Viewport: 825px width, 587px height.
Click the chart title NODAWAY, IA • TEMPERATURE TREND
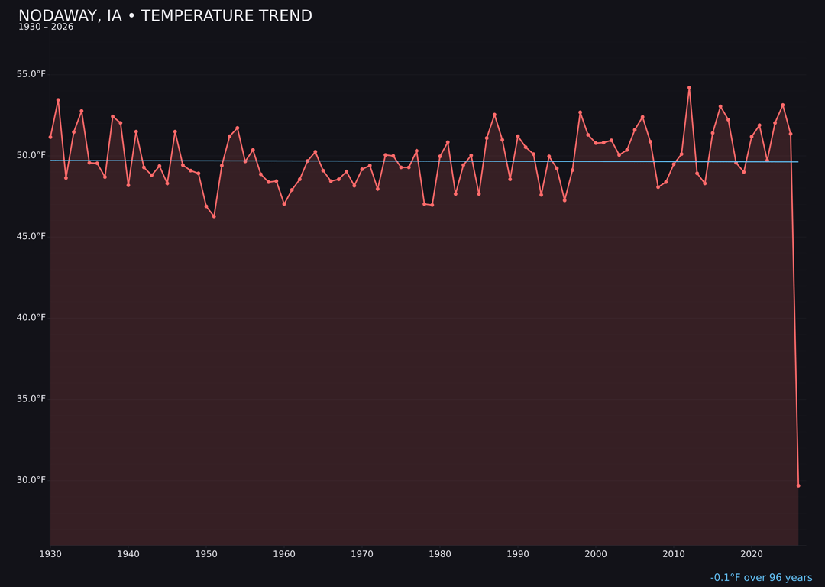(165, 16)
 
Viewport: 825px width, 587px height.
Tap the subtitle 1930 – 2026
(46, 28)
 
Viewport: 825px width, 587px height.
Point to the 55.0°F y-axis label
(31, 74)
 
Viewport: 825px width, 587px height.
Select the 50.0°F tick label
(31, 155)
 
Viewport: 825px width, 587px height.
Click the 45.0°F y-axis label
(31, 236)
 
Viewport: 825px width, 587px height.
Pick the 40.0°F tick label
(31, 317)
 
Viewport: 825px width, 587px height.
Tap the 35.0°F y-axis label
(31, 399)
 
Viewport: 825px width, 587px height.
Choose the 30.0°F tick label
(31, 480)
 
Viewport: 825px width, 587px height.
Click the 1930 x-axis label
(50, 554)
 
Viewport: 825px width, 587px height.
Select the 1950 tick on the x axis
(206, 554)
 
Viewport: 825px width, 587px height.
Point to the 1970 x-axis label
(362, 554)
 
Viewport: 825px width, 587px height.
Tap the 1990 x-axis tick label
(518, 554)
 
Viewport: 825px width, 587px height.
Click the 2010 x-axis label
(674, 554)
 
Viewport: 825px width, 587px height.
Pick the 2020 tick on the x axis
(752, 554)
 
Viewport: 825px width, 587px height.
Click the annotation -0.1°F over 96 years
(761, 578)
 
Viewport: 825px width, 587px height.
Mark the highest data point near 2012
(689, 88)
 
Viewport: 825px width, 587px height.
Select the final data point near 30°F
(798, 485)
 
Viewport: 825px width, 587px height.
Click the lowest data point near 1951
(214, 216)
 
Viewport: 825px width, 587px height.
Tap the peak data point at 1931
(58, 100)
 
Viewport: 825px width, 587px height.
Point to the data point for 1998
(580, 112)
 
